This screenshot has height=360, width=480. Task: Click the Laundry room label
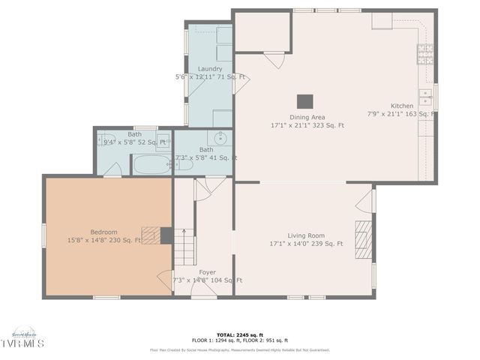click(209, 68)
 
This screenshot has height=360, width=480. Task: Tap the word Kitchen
click(402, 106)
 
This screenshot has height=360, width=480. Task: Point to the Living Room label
click(305, 235)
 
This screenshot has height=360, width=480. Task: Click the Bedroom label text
click(104, 232)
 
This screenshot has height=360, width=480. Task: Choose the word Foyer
click(207, 272)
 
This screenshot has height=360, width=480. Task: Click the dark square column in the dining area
click(304, 101)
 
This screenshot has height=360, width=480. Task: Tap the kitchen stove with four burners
click(425, 53)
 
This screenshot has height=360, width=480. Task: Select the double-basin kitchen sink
click(425, 97)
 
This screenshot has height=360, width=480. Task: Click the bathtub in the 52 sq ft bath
click(152, 164)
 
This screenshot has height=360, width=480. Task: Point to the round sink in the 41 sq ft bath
click(220, 139)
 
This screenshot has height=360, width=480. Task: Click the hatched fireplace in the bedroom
click(151, 235)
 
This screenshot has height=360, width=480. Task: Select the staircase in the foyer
click(184, 247)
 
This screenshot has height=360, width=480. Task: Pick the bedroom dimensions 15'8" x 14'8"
click(104, 241)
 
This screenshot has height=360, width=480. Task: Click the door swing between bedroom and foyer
click(165, 279)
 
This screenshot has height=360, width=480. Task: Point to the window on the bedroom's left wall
click(43, 234)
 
